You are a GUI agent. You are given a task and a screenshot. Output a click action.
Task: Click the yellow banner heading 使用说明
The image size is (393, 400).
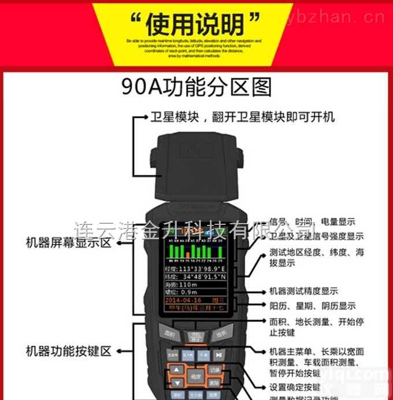click(x=196, y=24)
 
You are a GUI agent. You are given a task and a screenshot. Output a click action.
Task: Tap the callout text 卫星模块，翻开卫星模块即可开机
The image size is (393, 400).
click(x=242, y=117)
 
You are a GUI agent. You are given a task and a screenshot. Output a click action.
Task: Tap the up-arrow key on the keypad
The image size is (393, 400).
click(x=177, y=369)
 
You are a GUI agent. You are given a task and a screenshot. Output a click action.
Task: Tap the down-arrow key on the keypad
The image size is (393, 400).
click(x=177, y=382)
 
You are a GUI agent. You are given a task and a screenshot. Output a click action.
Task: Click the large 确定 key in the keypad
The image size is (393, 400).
click(x=196, y=376)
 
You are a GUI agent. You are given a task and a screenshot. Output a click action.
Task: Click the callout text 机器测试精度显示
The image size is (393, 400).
click(x=303, y=291)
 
